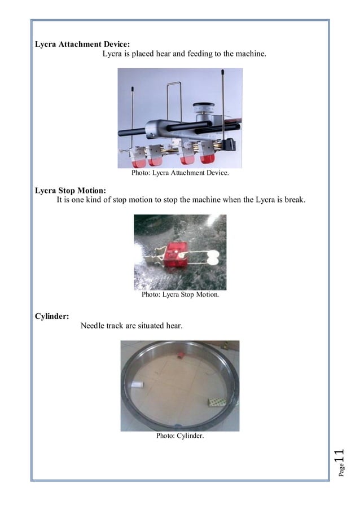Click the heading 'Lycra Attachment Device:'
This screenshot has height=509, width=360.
[85, 44]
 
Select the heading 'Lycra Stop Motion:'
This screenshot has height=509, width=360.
[70, 190]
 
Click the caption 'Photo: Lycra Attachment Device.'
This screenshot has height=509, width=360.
[180, 173]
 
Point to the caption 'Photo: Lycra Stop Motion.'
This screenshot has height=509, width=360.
[180, 294]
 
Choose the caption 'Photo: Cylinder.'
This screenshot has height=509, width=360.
[180, 435]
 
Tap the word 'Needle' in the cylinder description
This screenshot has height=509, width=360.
[93, 326]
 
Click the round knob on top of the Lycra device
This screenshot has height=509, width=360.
[202, 108]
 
